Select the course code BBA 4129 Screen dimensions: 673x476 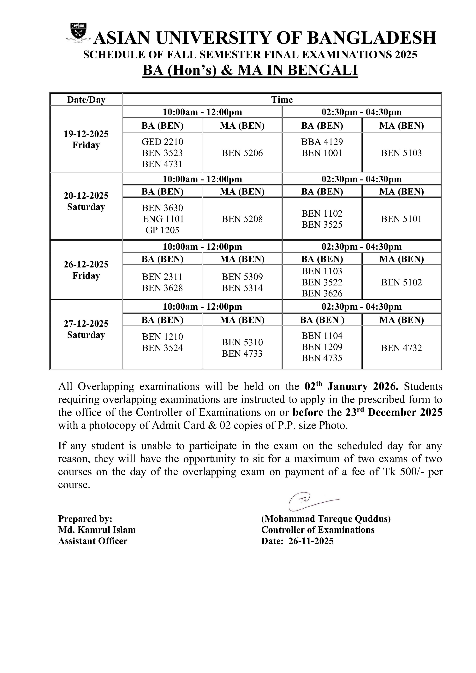tap(322, 142)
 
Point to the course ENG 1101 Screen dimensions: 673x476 tap(163, 219)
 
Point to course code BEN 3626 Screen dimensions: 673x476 tap(322, 293)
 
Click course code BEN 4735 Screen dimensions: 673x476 tap(322, 358)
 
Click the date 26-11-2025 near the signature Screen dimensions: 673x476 tap(311, 541)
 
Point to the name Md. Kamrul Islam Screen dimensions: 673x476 tap(97, 530)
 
